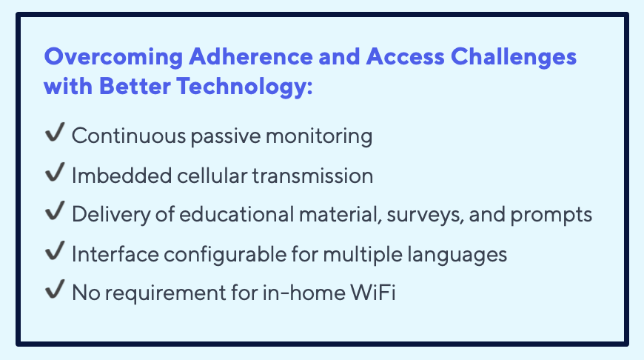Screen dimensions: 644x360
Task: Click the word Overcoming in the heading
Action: pos(113,57)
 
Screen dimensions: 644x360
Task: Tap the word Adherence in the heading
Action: pos(250,56)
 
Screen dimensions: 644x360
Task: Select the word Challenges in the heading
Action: pos(514,57)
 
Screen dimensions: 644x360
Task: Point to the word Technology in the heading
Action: pos(244,87)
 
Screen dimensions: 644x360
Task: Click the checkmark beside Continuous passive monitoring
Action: pos(55,133)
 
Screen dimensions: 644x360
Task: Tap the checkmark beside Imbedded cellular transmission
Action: pos(55,172)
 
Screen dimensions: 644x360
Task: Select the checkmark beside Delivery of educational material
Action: pos(55,210)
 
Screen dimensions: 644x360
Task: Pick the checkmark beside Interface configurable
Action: pos(55,250)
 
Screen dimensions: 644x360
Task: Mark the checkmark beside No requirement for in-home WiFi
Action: pos(55,289)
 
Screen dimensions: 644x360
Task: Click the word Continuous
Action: pos(129,136)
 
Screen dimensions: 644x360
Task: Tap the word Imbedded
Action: pos(121,176)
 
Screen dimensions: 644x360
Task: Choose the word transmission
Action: pos(312,176)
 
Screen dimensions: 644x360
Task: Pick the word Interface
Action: pos(115,254)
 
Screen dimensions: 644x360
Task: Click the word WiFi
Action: pos(373,293)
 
